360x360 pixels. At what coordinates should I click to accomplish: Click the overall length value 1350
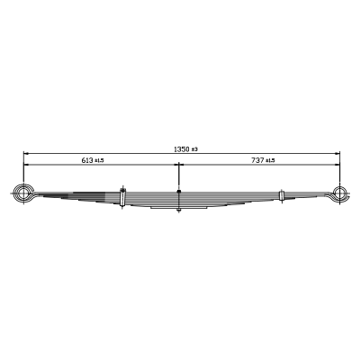click(182, 149)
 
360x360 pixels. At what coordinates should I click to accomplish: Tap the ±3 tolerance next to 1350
click(194, 149)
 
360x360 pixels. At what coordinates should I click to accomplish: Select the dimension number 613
click(87, 160)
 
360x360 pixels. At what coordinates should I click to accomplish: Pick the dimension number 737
click(257, 160)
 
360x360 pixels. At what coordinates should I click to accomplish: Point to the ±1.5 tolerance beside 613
click(99, 161)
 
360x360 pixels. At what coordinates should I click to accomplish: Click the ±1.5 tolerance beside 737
click(270, 161)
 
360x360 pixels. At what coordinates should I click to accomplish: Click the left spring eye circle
click(22, 193)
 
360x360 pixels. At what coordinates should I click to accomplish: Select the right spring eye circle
click(339, 193)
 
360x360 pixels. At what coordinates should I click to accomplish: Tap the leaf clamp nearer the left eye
click(122, 197)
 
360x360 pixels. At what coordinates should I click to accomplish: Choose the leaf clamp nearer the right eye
click(282, 195)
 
